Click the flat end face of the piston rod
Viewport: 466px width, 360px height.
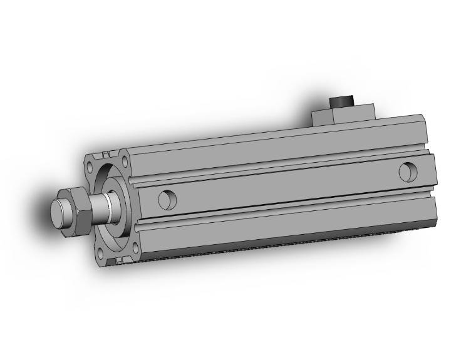pos(59,213)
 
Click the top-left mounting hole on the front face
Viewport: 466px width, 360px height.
pos(91,167)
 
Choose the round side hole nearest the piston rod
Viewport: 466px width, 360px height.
pos(167,200)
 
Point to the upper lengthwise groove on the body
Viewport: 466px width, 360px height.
pos(282,168)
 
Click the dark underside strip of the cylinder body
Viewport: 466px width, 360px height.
pos(282,250)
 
